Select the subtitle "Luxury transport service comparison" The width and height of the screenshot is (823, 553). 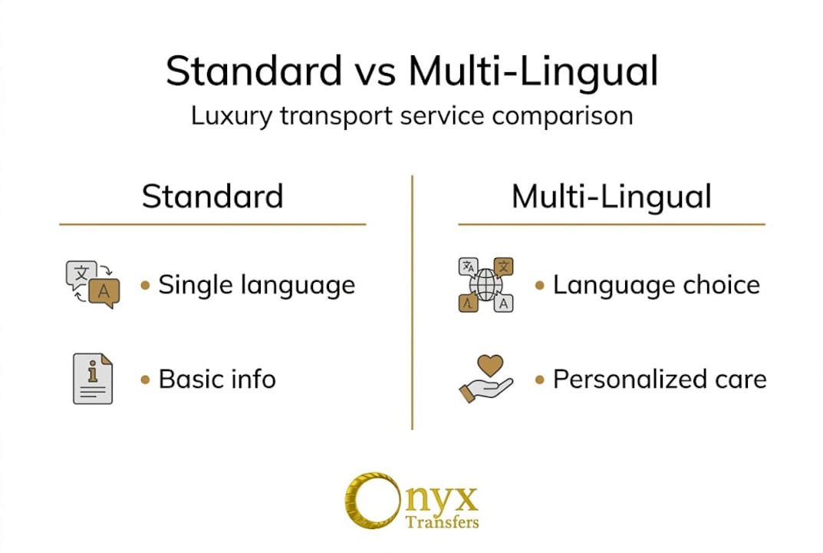pos(412,115)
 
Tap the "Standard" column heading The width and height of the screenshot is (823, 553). pos(212,197)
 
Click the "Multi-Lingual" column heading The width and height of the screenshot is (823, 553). pos(611,197)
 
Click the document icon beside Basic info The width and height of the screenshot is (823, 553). pos(92,379)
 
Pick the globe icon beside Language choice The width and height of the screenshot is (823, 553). pos(485,285)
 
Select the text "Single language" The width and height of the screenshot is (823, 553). pos(256,285)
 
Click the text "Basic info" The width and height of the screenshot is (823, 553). pos(217,379)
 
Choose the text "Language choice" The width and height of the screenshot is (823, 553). pos(656,285)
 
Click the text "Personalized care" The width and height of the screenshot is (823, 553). pos(660,379)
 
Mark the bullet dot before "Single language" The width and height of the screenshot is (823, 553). pos(146,286)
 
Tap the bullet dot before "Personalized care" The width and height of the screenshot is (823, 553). pos(540,379)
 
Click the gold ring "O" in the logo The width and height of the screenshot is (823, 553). pos(367,499)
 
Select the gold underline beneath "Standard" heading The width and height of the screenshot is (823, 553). pos(212,224)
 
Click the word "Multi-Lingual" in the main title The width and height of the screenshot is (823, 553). pos(533,71)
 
